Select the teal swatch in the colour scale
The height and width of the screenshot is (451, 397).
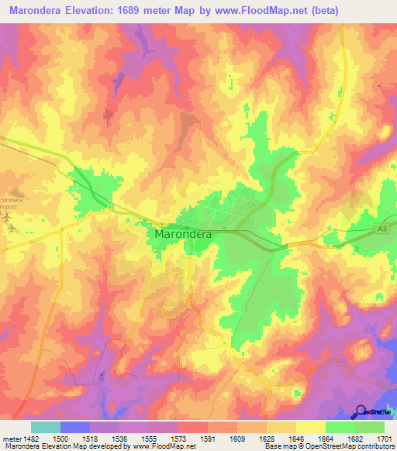coord(46,426)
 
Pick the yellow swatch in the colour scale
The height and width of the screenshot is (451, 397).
coord(310,426)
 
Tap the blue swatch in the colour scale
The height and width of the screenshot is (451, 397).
coord(75,426)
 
